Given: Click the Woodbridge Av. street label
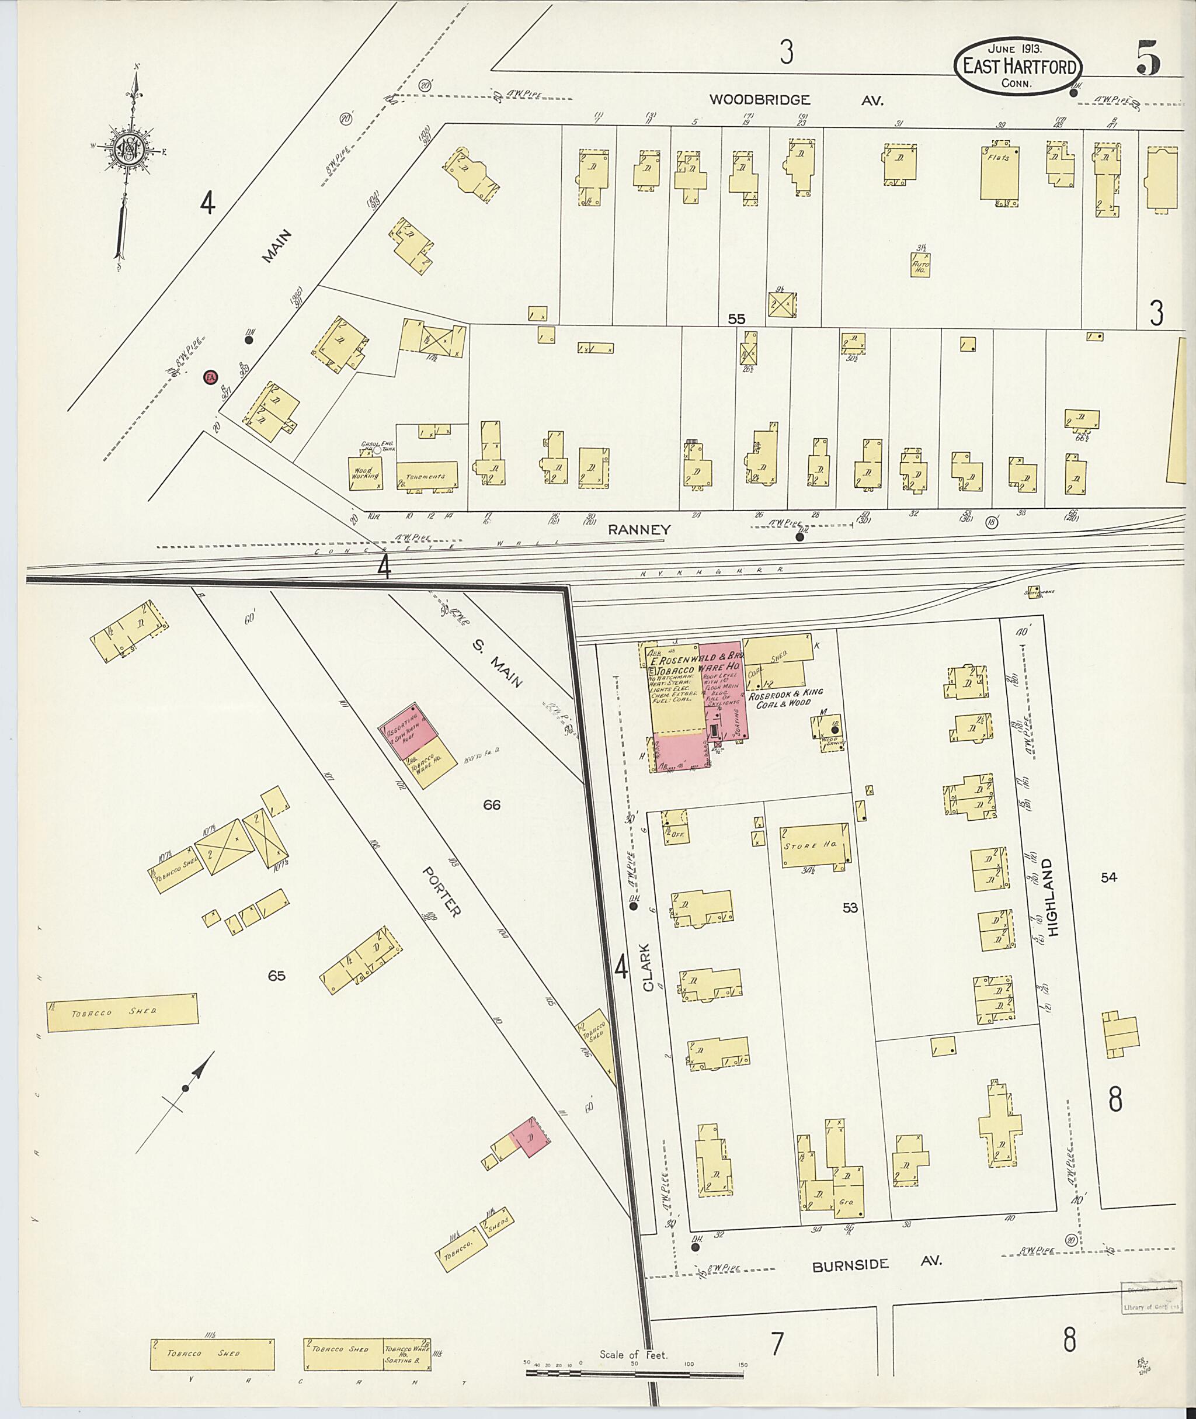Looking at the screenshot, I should click(x=796, y=100).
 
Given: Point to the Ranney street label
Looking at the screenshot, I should click(x=639, y=530).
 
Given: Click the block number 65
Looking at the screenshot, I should click(x=277, y=976).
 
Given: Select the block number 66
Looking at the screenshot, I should click(x=492, y=805).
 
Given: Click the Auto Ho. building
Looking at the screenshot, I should click(x=920, y=265).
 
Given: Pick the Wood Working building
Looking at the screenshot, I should click(x=365, y=473).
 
